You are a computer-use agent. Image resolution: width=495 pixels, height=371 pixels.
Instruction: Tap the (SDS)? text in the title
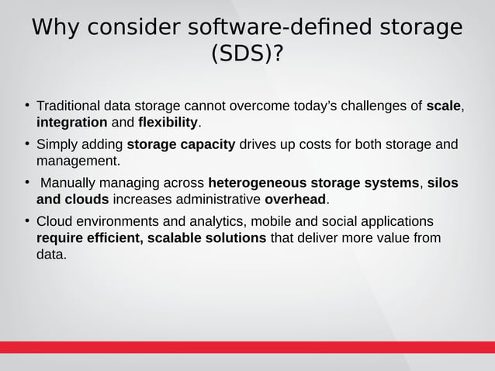[247, 55]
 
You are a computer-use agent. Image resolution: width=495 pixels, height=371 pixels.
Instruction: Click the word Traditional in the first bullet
[71, 106]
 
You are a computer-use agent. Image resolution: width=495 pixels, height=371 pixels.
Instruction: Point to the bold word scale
[444, 106]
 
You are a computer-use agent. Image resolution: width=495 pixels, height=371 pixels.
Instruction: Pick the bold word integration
[72, 123]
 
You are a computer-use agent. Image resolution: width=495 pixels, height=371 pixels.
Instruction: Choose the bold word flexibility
[168, 123]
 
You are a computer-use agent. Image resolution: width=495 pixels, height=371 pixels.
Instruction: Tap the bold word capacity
[204, 144]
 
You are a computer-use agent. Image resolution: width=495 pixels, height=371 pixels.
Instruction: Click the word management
[78, 161]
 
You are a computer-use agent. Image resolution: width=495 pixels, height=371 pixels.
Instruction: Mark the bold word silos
[442, 183]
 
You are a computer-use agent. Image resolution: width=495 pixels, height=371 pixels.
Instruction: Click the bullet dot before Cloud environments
[26, 220]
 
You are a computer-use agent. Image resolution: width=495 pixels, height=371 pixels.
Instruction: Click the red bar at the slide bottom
[247, 347]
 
